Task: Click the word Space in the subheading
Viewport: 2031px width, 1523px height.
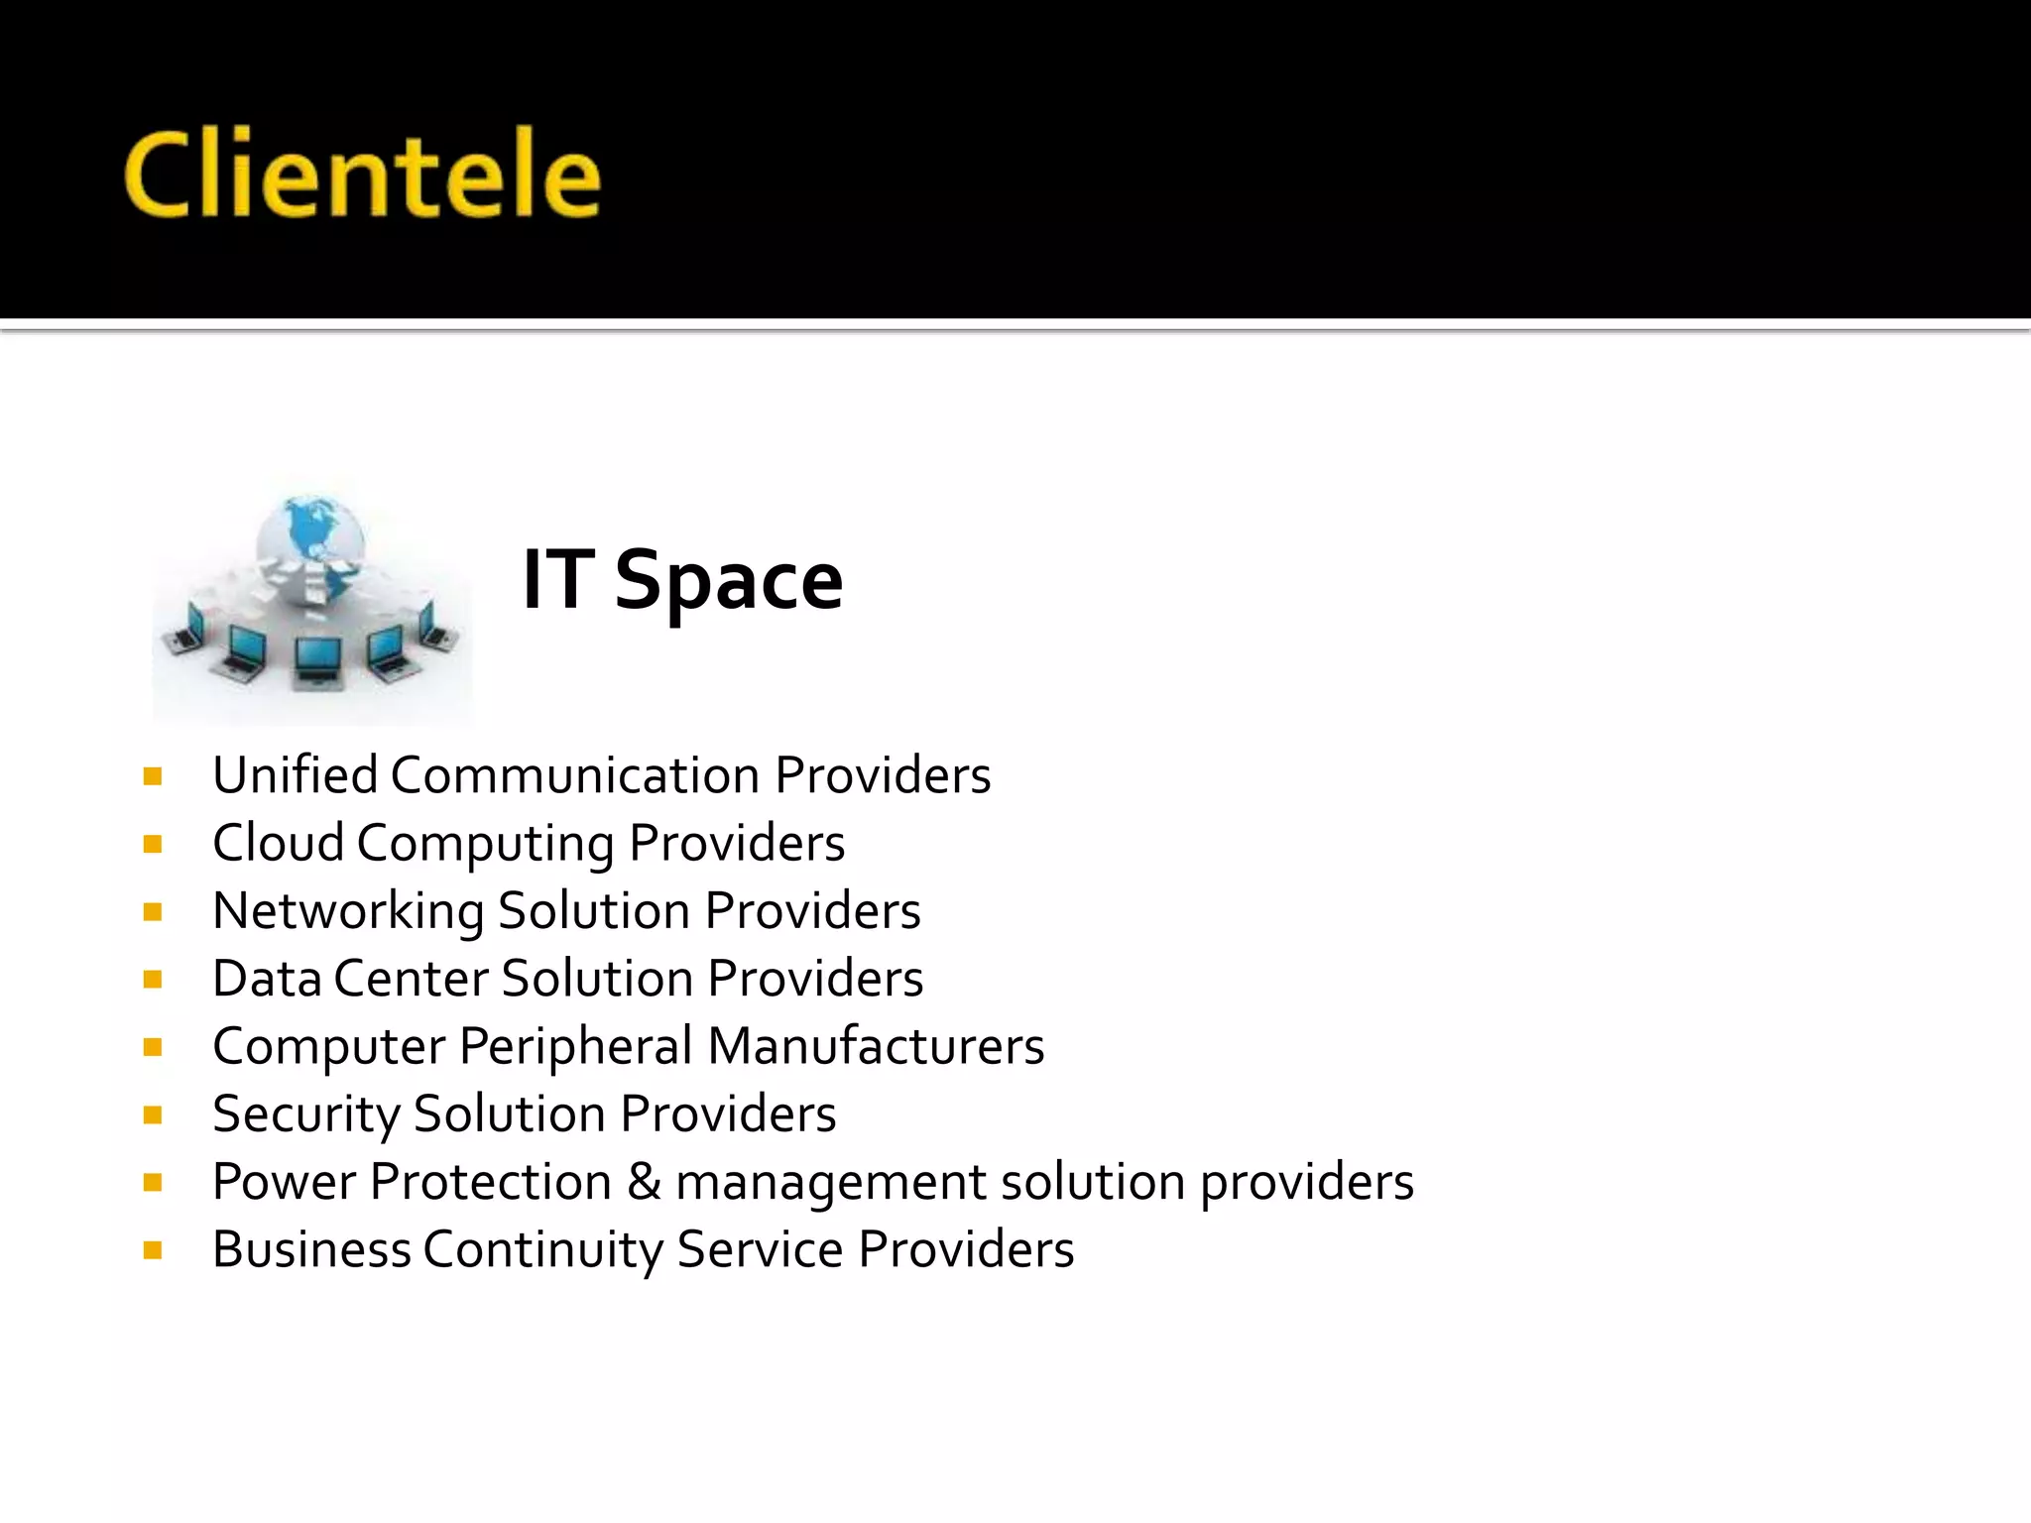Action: (728, 582)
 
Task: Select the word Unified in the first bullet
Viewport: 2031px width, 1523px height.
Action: (295, 775)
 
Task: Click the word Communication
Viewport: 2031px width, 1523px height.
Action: (575, 775)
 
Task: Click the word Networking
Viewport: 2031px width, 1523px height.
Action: (348, 911)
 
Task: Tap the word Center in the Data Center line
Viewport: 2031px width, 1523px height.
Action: (411, 979)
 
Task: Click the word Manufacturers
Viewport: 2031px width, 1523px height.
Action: (877, 1046)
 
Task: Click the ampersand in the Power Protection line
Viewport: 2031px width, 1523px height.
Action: (644, 1182)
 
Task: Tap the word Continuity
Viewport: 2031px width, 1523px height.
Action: (543, 1249)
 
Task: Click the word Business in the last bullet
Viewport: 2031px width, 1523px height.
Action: (311, 1249)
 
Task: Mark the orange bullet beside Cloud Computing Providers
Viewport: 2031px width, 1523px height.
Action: (153, 845)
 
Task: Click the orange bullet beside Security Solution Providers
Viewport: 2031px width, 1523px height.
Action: (153, 1115)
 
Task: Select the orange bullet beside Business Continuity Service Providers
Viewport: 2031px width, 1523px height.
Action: (153, 1250)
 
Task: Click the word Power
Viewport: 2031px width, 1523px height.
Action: (284, 1182)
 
